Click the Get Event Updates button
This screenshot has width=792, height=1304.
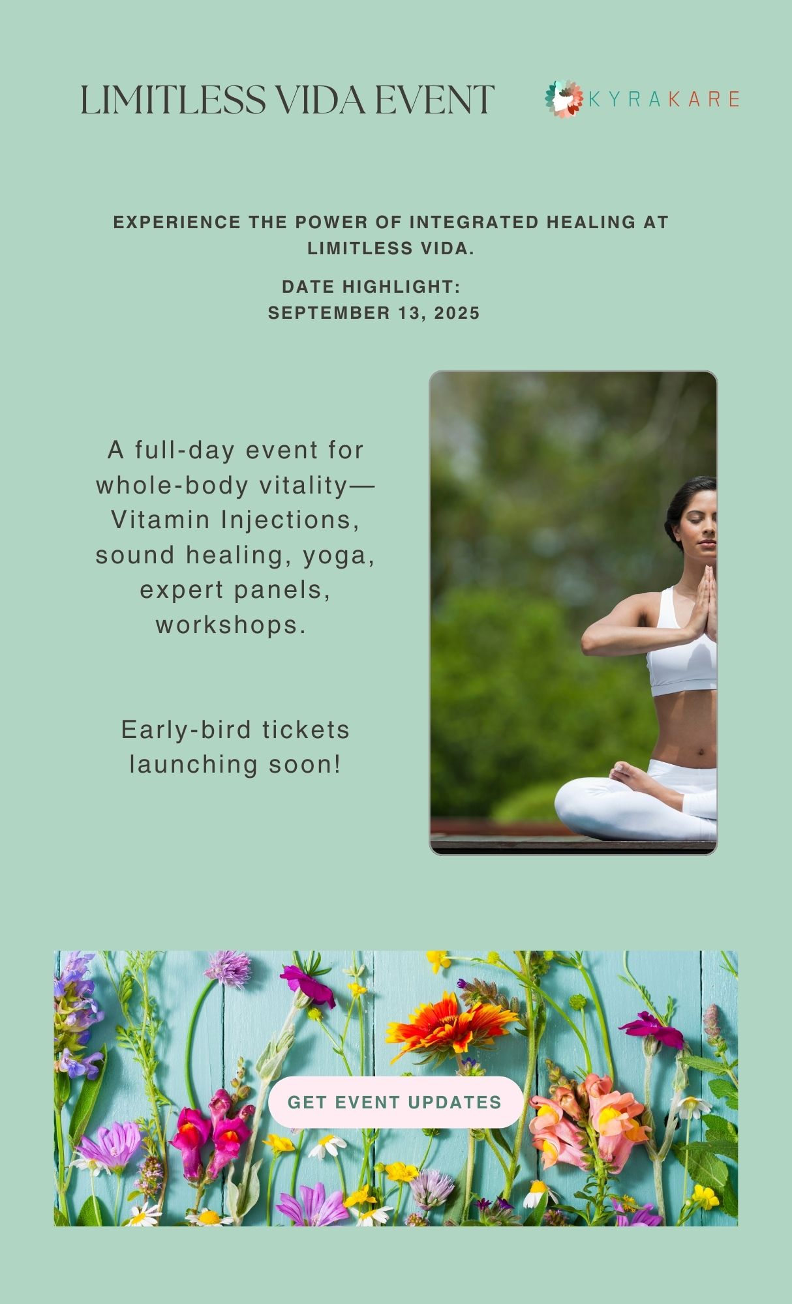(x=395, y=1102)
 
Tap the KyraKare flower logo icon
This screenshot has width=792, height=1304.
(x=564, y=98)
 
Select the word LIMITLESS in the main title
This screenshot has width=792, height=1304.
(x=173, y=100)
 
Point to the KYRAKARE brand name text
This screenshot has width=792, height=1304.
(x=663, y=99)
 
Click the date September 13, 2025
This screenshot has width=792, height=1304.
(x=374, y=313)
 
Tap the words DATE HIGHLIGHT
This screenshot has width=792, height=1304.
(x=371, y=286)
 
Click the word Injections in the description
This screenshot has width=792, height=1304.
(x=291, y=520)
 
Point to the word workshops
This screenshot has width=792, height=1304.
(x=231, y=625)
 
